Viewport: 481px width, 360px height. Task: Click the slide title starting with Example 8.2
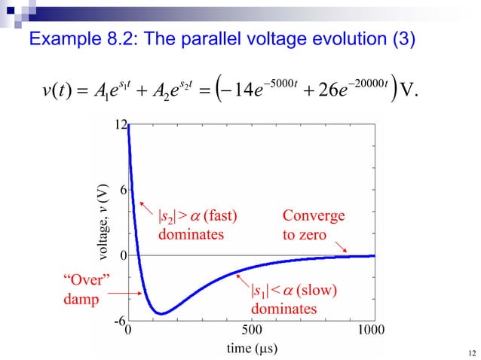[x=222, y=38]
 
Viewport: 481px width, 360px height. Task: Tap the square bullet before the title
[x=17, y=39]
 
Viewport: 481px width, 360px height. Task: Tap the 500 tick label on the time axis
[x=251, y=330]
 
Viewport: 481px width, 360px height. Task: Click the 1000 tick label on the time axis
[x=370, y=330]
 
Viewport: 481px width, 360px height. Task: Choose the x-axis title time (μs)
[x=251, y=348]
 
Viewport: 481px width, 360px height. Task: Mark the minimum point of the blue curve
[x=160, y=313]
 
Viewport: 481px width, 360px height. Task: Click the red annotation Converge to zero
[x=313, y=225]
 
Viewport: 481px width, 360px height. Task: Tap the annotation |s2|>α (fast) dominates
[x=197, y=225]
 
